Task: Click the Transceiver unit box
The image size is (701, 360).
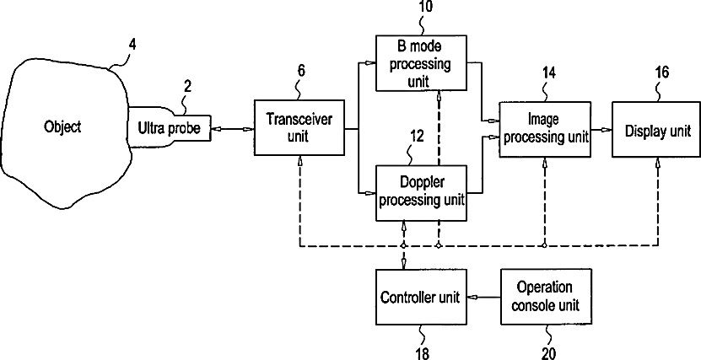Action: (299, 128)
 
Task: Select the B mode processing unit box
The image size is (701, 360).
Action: (421, 63)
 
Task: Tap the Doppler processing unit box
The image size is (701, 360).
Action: (421, 193)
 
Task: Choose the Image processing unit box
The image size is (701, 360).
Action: (544, 129)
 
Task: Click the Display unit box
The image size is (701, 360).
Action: (656, 129)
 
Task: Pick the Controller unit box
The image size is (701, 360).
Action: (421, 297)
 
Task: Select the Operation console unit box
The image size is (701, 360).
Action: (547, 297)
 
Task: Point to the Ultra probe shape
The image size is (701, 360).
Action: (170, 127)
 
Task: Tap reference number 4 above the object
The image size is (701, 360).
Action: (132, 45)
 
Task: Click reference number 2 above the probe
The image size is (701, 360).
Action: (187, 86)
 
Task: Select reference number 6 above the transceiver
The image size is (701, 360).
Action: (301, 71)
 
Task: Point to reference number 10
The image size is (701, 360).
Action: (426, 7)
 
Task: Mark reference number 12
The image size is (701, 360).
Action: (416, 137)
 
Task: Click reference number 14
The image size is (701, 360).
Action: (548, 73)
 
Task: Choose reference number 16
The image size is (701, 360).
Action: (661, 73)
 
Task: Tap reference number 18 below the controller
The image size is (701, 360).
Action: (421, 353)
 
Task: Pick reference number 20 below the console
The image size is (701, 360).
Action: (548, 353)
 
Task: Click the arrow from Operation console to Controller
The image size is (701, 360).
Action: (483, 296)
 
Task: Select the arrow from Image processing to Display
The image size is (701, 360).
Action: (601, 130)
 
